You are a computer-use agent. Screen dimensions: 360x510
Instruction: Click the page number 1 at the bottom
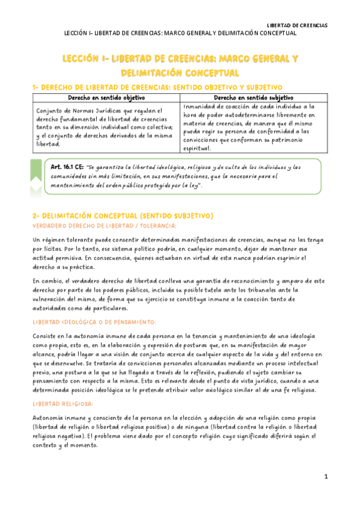[x=326, y=476]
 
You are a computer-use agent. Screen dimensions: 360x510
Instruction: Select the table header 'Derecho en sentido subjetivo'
[x=253, y=97]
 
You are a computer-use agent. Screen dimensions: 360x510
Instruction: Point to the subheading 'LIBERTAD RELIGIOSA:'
[x=62, y=404]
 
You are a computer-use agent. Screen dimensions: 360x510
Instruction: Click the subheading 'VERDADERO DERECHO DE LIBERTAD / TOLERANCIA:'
[x=104, y=226]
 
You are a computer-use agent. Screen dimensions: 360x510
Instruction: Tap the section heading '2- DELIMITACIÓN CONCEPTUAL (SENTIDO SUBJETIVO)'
[x=123, y=215]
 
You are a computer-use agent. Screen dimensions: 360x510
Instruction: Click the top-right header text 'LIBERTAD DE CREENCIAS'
[x=297, y=25]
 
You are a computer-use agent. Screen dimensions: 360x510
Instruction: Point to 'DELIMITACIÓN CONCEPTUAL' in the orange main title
[x=180, y=73]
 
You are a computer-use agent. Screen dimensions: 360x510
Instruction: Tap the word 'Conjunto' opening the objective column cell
[x=50, y=111]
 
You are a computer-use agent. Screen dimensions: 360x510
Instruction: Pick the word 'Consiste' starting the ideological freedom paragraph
[x=46, y=336]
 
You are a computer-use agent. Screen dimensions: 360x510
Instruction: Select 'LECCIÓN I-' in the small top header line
[x=79, y=33]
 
